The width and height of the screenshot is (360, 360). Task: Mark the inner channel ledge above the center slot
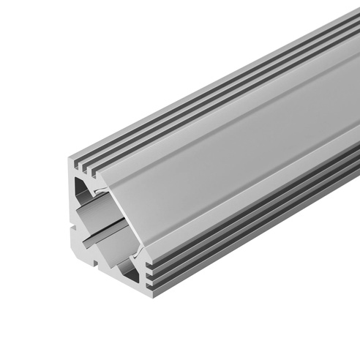(x=95, y=220)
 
